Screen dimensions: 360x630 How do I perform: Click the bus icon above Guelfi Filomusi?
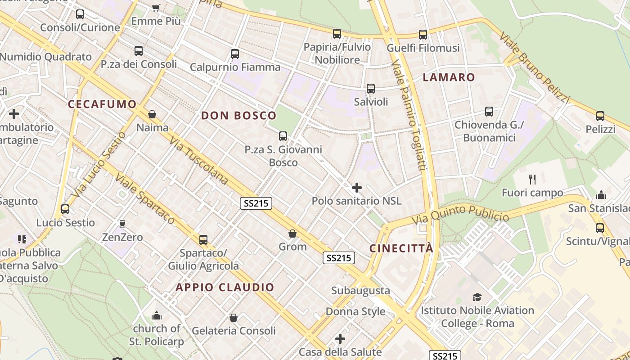coord(423,35)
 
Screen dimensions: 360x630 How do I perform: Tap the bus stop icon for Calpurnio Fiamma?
coord(234,54)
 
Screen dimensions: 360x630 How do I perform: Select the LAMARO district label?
coord(449,77)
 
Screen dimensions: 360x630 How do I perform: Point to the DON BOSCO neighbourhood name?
coord(238,116)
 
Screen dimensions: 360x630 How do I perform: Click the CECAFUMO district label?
coord(102,104)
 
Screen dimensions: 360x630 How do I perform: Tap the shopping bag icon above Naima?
coord(152,114)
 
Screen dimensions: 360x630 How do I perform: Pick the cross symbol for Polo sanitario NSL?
coord(356,187)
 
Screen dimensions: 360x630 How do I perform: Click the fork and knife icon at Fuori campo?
coord(532,180)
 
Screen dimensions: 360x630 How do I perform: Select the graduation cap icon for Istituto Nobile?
coord(477,297)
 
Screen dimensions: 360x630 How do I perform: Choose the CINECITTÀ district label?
coord(401,248)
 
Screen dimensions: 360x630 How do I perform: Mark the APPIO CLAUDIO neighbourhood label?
coord(225,288)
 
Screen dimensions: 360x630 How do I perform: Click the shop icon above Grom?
coord(292,234)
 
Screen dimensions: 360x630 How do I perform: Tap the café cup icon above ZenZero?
coord(122,224)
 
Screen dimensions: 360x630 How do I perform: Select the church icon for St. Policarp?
coord(157,315)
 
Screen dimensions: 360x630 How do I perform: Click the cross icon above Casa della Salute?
coord(340,338)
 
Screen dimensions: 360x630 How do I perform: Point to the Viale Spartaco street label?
coord(144,198)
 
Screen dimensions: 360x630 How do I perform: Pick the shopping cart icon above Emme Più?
coord(156,7)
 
